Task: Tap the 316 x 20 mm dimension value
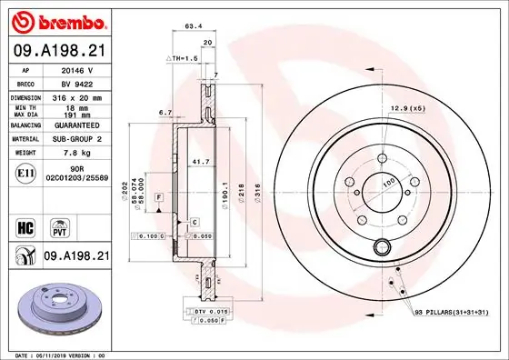77,96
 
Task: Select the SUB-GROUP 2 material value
78,138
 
